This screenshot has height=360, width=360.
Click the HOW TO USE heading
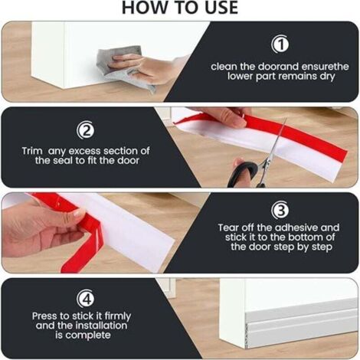tap(179, 8)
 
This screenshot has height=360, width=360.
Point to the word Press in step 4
tap(45, 316)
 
